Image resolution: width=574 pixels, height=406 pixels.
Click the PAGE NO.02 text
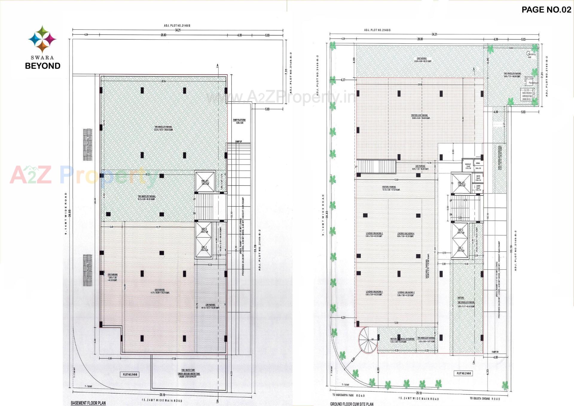point(546,10)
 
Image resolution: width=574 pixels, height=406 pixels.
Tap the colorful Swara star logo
point(42,39)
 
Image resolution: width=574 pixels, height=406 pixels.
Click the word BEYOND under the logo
point(43,66)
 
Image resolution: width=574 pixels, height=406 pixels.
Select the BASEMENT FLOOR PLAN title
point(88,403)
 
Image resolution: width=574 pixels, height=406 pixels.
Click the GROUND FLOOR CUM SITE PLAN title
point(352,404)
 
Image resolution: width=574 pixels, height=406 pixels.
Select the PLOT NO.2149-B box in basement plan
point(130,375)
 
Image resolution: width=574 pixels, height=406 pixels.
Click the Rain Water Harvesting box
point(527,94)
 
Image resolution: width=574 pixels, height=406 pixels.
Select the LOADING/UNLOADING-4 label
point(406,235)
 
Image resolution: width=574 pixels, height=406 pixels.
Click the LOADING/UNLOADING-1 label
point(374,293)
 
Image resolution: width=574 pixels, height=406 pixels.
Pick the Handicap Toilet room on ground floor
point(468,166)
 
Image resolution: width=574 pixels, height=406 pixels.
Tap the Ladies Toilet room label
point(478,188)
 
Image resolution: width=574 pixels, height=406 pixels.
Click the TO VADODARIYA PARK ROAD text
point(348,395)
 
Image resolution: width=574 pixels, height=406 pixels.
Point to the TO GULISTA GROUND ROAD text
point(485,399)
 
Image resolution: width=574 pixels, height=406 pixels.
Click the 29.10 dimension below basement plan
point(162,395)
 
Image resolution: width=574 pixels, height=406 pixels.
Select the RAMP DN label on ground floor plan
point(495,352)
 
